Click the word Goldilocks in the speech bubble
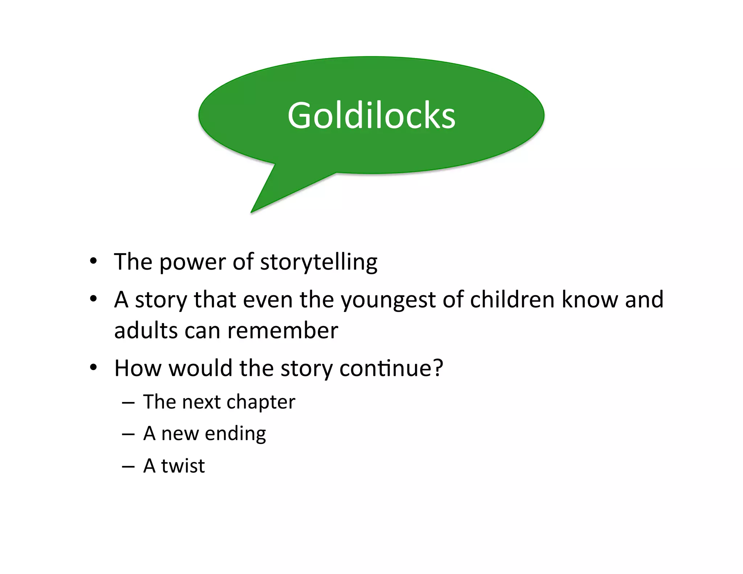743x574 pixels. pos(371,115)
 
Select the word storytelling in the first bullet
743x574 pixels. pos(319,262)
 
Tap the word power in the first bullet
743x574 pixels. pos(193,262)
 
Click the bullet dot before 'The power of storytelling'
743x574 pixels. pos(94,261)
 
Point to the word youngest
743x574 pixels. pos(388,300)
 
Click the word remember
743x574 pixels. pos(283,331)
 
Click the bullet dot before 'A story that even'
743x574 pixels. pos(94,299)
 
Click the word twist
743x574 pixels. pos(183,466)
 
